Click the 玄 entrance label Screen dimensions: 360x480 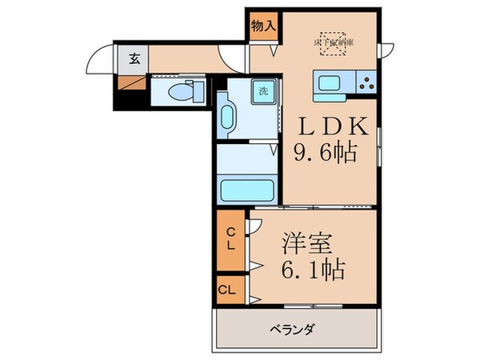[x=134, y=58]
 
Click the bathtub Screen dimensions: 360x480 [x=247, y=190]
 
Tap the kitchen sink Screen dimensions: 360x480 [x=330, y=82]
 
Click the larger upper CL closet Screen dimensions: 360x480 [x=230, y=239]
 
